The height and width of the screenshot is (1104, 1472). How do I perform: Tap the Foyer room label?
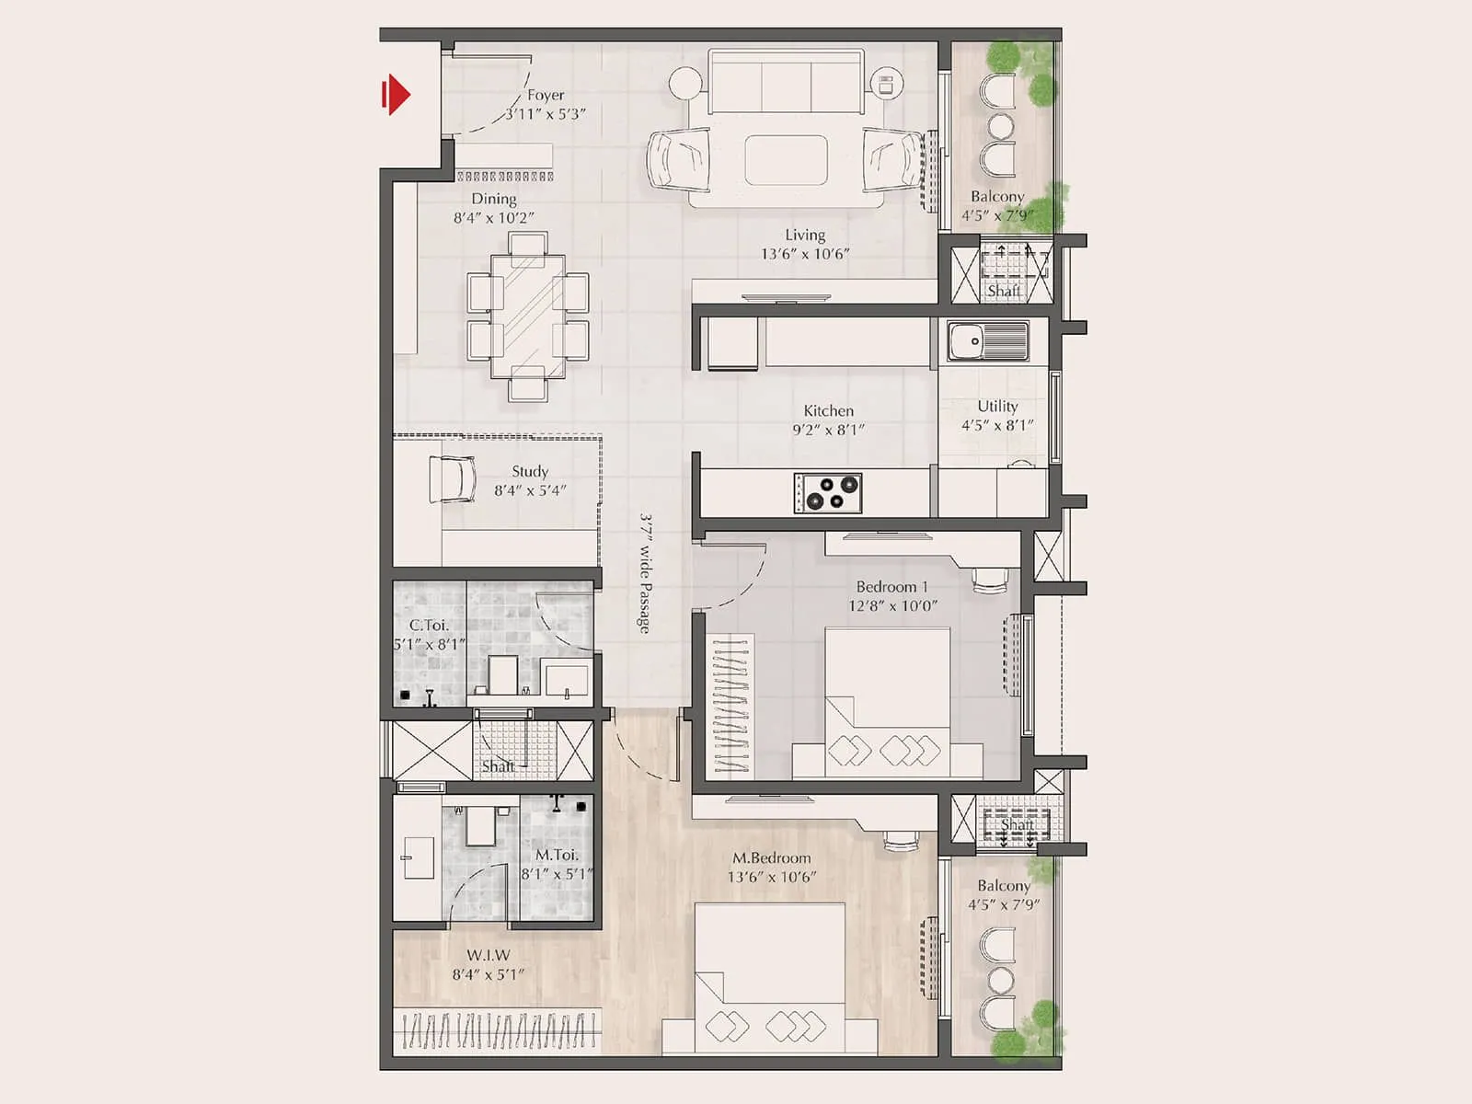[546, 95]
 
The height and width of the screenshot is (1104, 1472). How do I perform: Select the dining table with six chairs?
[528, 316]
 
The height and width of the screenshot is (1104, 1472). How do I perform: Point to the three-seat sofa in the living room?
[786, 83]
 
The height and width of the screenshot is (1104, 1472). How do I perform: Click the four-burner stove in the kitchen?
[828, 492]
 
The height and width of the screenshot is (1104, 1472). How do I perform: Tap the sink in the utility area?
[988, 341]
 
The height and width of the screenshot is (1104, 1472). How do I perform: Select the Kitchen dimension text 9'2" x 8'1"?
[828, 430]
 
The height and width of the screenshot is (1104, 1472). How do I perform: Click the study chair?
[453, 479]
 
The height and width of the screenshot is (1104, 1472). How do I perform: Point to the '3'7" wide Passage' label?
[646, 572]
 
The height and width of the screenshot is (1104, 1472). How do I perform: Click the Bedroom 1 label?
[891, 586]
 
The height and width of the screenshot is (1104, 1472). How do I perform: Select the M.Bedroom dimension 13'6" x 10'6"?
[771, 877]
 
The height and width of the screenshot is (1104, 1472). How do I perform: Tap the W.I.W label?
[488, 955]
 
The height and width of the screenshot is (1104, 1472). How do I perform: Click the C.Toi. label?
[429, 625]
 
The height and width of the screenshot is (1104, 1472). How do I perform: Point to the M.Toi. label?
[557, 855]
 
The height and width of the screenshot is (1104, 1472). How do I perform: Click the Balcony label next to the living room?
[997, 196]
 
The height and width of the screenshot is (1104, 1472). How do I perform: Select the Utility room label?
[997, 406]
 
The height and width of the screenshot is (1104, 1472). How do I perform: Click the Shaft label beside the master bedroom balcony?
[1017, 824]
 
